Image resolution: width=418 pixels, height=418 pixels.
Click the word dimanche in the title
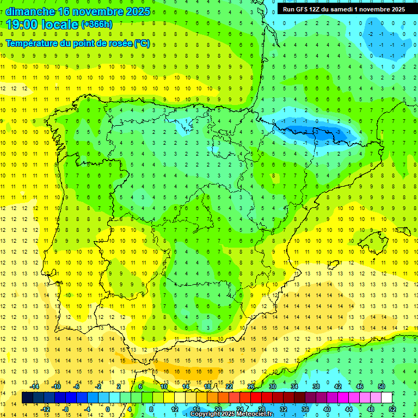[x=30, y=11]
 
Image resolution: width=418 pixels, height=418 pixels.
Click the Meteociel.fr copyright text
[x=231, y=414]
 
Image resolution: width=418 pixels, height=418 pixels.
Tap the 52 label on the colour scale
[x=392, y=409]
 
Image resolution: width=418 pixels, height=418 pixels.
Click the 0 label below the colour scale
[x=107, y=409]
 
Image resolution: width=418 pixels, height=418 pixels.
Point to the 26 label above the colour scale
[x=251, y=386]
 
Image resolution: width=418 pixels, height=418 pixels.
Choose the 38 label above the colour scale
[x=316, y=386]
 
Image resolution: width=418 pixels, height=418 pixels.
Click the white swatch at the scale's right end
[x=387, y=397]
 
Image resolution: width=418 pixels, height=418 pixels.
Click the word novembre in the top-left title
[x=99, y=11]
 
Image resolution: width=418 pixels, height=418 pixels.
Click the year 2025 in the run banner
[x=395, y=9]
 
